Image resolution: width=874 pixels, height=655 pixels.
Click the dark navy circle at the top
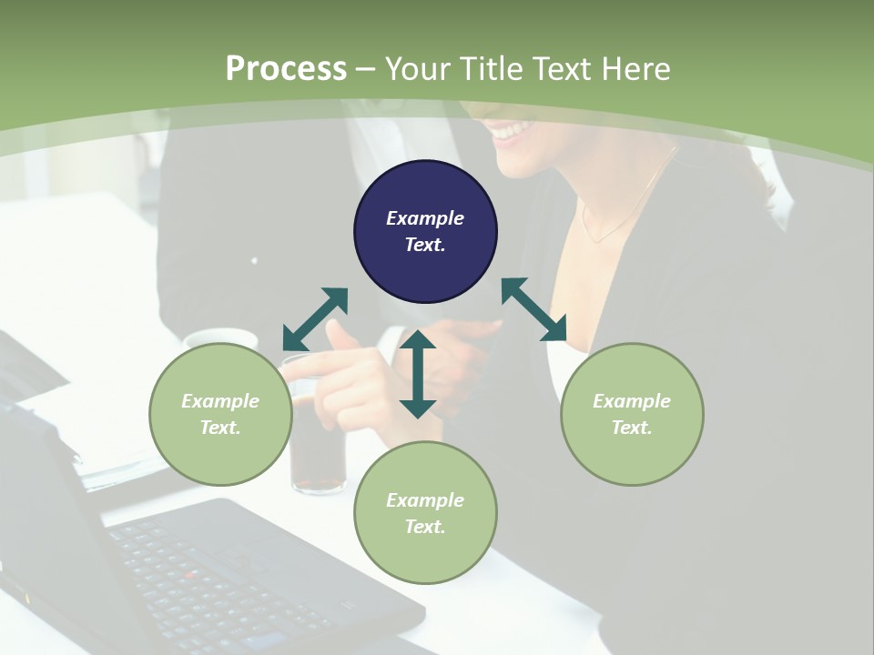pos(425,232)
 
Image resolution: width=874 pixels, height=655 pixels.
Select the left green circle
pos(220,414)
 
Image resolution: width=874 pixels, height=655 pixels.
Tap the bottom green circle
pos(425,512)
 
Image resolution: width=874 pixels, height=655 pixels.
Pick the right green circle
pos(632,414)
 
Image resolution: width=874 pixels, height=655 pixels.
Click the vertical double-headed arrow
pos(418,374)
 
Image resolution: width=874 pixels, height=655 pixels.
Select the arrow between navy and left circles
pos(315,319)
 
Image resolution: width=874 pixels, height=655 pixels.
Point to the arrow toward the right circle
pos(534,309)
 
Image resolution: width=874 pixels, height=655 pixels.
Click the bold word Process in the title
pos(286,68)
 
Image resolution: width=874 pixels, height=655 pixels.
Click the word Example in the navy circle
pos(425,218)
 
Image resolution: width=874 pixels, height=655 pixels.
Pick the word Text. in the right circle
pos(632,428)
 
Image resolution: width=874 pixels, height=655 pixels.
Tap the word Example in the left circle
pos(220,401)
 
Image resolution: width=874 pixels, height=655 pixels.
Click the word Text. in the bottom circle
pos(425,527)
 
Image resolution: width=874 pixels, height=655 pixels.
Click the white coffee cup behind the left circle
pos(221,338)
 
